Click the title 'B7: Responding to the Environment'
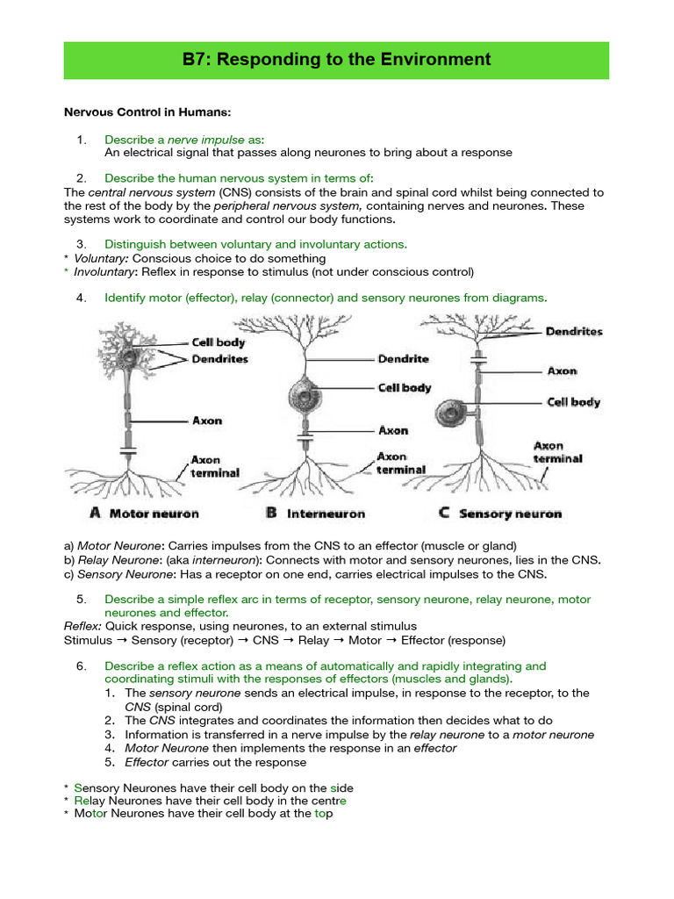coord(337,60)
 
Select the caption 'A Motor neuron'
coord(144,514)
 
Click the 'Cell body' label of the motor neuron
coord(219,343)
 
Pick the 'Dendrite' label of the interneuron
coord(403,359)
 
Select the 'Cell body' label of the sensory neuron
coord(573,402)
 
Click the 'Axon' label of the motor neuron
coord(207,421)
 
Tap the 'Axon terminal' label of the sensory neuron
coord(557,452)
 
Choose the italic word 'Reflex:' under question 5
coord(83,626)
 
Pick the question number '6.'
coord(82,665)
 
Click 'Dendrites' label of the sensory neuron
coord(574,332)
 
